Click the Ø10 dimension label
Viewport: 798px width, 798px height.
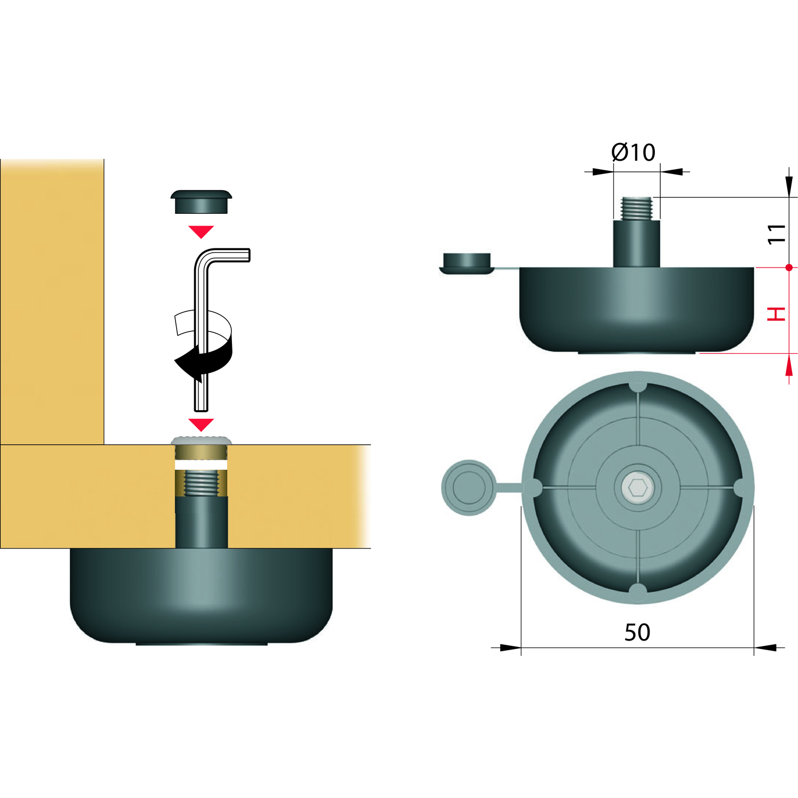(633, 152)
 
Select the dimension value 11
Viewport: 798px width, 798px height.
(776, 234)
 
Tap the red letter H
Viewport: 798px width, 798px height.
(776, 314)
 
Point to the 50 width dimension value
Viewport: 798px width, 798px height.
(637, 633)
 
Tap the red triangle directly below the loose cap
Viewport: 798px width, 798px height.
(201, 231)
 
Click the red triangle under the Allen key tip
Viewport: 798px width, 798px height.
(201, 424)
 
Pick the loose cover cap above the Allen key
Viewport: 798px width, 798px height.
(201, 202)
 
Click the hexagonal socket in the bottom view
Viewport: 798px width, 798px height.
(637, 487)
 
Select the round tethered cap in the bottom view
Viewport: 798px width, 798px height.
(469, 487)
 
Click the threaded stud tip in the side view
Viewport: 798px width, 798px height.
(637, 208)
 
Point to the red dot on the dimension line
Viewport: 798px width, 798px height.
(789, 267)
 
